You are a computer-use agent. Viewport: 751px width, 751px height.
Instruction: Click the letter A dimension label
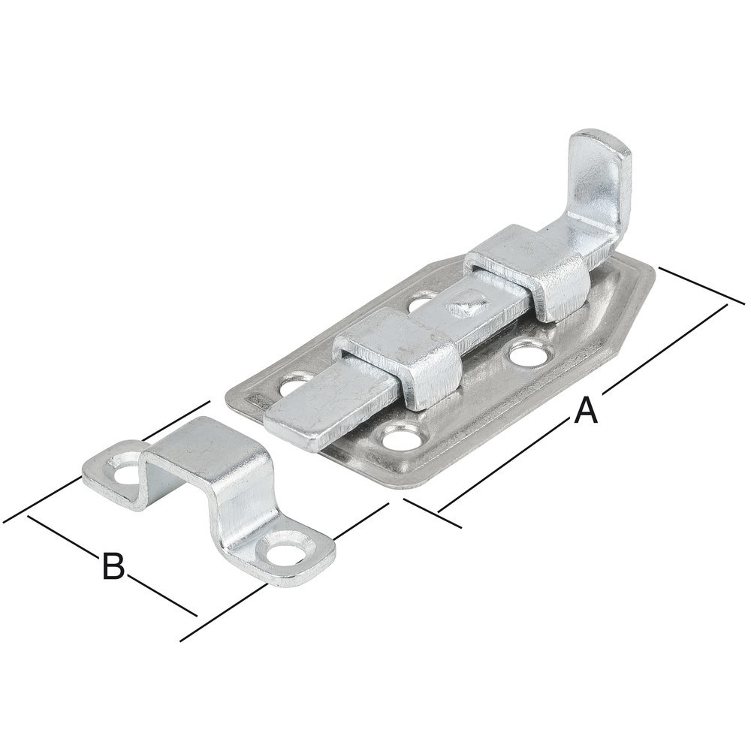coord(587,411)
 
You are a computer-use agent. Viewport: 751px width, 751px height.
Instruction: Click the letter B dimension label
coord(113,565)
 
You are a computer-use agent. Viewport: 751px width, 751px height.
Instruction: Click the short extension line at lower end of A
coord(433,511)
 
